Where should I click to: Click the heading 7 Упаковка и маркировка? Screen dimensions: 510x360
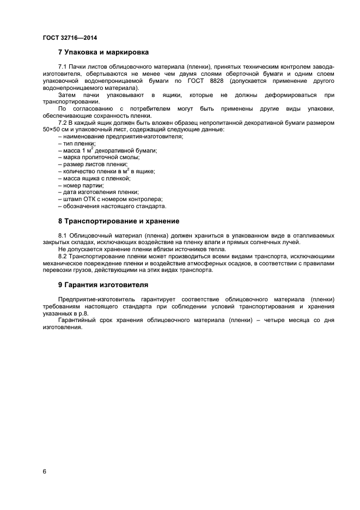point(103,53)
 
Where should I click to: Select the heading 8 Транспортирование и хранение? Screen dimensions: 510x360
point(119,221)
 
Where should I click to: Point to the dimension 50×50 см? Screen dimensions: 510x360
point(58,130)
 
